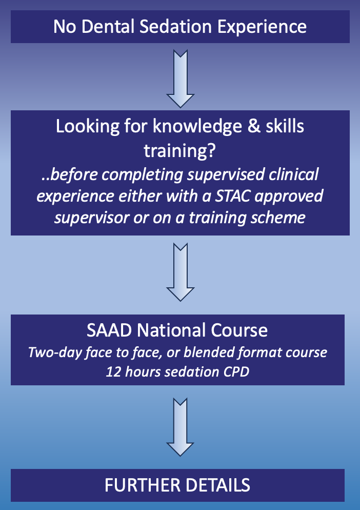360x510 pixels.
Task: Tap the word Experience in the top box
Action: tap(262, 27)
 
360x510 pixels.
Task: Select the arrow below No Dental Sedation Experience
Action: tap(181, 79)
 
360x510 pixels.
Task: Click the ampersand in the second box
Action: tap(254, 127)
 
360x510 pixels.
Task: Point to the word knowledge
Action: tap(197, 127)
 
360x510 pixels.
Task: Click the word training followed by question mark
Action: tap(179, 151)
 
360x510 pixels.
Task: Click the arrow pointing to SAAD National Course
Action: tap(181, 272)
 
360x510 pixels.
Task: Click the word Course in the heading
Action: tap(239, 330)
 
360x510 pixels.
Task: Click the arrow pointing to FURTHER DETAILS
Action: tap(180, 426)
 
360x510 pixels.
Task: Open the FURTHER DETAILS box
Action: tap(177, 485)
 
